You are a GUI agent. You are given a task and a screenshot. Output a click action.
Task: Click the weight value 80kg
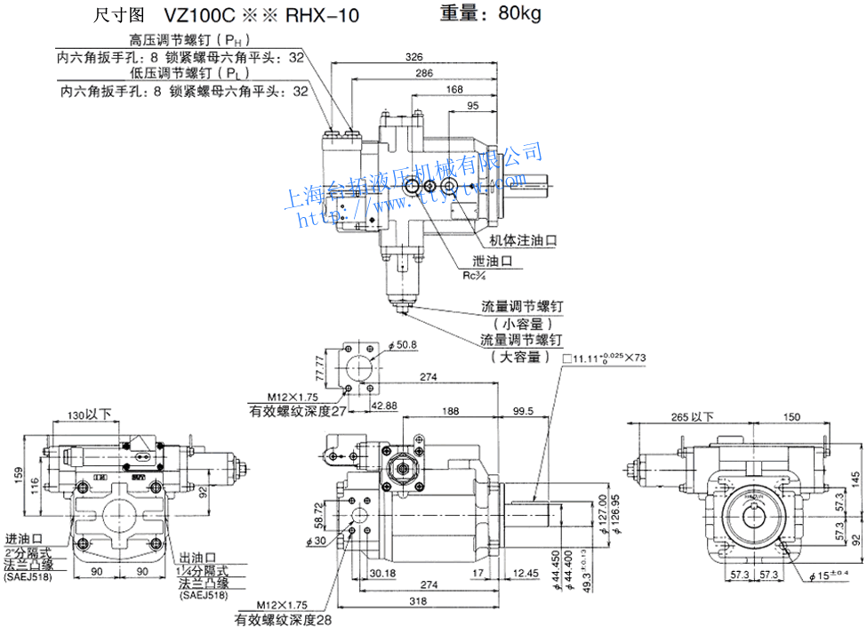pyautogui.click(x=519, y=13)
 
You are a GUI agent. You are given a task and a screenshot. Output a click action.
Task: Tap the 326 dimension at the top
pyautogui.click(x=414, y=57)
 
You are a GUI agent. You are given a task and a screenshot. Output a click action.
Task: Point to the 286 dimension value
pyautogui.click(x=424, y=73)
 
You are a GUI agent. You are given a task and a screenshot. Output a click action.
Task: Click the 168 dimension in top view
pyautogui.click(x=454, y=89)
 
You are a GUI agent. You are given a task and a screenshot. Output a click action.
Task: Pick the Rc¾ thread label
pyautogui.click(x=474, y=275)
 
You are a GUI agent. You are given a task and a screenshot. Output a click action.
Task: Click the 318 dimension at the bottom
pyautogui.click(x=429, y=601)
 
